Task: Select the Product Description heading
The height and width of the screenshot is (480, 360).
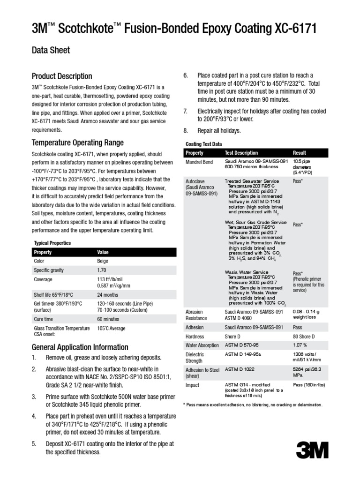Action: pos(61,76)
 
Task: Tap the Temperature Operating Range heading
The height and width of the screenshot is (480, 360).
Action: pos(77,142)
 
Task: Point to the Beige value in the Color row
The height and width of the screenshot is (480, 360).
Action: pos(102,261)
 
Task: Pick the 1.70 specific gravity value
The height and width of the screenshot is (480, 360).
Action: pos(102,270)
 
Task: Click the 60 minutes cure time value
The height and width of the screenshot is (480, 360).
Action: pos(108,319)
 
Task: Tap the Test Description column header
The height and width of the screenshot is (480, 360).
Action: pos(241,153)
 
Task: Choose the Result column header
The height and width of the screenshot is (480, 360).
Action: pos(299,153)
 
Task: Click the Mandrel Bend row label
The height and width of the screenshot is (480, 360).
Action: pos(199,161)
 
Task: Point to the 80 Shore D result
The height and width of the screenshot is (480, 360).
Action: pos(304,337)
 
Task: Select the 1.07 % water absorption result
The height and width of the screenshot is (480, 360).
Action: pos(300,345)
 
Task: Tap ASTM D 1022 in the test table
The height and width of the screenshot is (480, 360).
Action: pos(240,369)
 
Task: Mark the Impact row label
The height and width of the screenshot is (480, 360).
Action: pos(193,385)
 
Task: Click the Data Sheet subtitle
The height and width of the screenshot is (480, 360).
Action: pos(51,50)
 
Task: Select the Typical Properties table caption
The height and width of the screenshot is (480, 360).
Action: pos(52,243)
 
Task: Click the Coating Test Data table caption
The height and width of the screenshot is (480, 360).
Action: pos(204,144)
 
